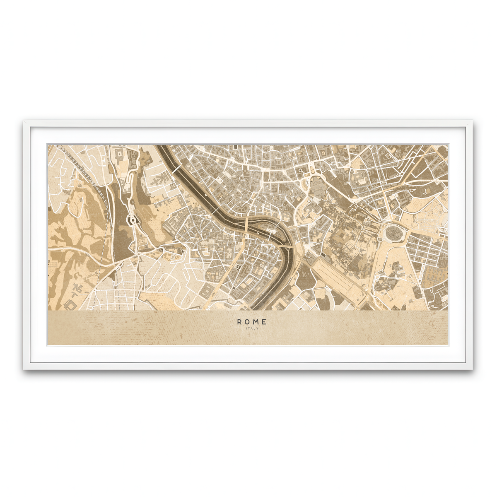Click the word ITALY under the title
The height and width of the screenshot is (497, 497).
coord(252,328)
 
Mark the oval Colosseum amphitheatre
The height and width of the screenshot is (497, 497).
coord(391,234)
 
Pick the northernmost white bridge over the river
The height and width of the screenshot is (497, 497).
coord(176,170)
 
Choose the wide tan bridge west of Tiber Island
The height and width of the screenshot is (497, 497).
coord(246,225)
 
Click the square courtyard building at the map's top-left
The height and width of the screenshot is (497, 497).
coord(119,157)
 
